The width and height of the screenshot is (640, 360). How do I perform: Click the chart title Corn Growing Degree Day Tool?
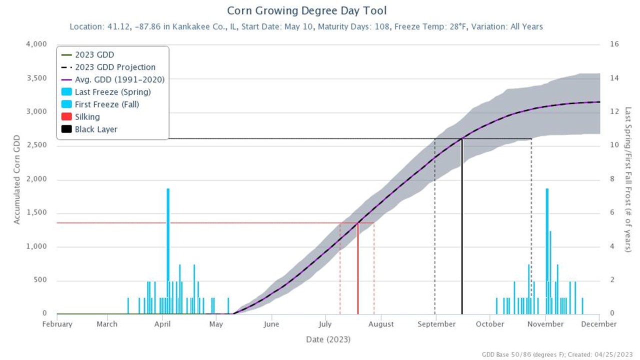[306, 10]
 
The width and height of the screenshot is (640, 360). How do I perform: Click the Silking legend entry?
[87, 116]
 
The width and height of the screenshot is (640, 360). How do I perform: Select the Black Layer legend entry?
[95, 129]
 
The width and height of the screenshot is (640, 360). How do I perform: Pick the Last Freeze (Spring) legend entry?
[112, 91]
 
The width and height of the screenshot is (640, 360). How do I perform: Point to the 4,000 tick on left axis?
[36, 44]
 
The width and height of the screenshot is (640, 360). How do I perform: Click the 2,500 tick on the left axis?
[36, 145]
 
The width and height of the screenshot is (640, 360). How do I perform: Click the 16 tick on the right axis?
[614, 44]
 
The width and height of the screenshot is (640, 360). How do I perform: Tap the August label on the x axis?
[381, 324]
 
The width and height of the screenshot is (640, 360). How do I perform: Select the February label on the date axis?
[57, 324]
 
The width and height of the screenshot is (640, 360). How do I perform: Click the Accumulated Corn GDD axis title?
[17, 179]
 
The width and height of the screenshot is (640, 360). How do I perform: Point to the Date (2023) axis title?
[328, 339]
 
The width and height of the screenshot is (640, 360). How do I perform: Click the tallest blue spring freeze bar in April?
[168, 250]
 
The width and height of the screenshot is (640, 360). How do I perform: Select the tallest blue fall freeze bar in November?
[547, 250]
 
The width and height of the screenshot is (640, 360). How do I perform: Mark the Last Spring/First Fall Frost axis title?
[628, 179]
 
